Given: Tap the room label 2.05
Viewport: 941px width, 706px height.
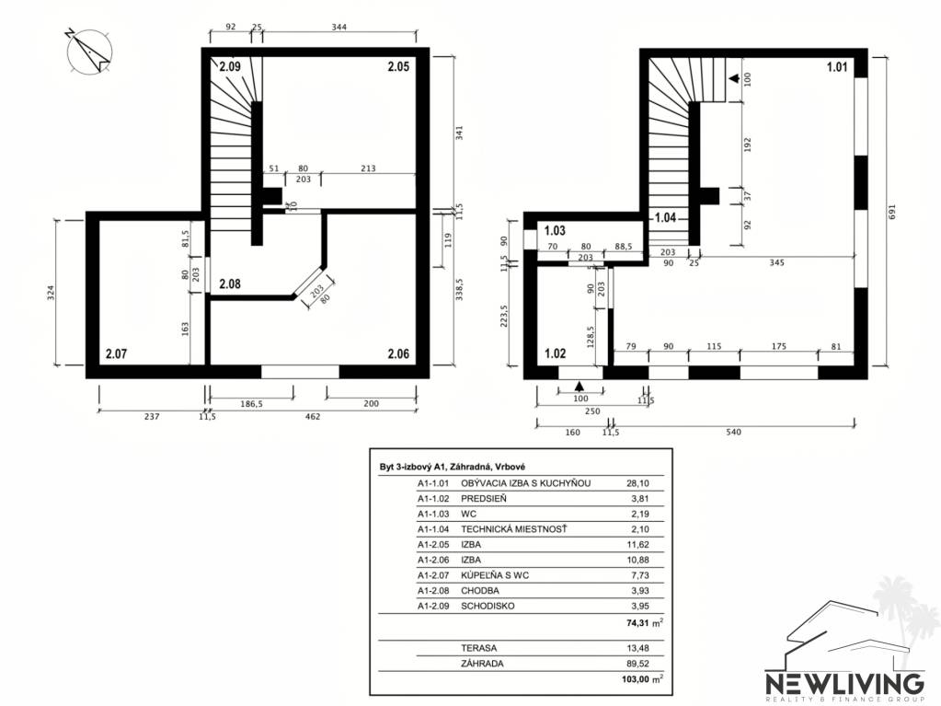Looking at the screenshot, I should tap(398, 67).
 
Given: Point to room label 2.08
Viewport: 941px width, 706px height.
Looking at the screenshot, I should tap(230, 284).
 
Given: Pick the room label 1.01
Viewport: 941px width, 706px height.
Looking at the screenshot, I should tap(836, 67).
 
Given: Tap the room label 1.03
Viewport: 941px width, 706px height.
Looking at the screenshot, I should tap(555, 230).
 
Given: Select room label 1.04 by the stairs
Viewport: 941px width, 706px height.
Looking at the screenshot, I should tap(666, 219).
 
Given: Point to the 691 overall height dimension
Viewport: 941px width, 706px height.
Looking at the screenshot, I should tap(890, 210).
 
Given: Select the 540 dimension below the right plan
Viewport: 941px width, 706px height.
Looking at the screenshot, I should tap(733, 432).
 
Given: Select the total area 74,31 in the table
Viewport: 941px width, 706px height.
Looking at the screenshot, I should tap(637, 623).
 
